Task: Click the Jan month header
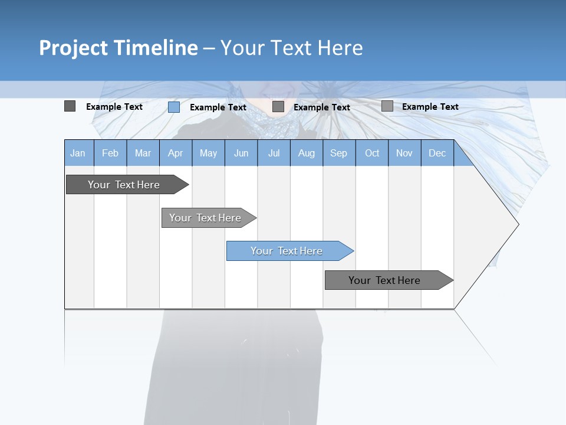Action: click(x=78, y=153)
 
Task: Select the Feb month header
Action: click(x=110, y=153)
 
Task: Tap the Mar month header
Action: click(x=143, y=153)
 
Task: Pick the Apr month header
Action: click(x=176, y=153)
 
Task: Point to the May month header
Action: click(x=208, y=153)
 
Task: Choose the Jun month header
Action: click(x=241, y=153)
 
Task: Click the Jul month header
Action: click(x=274, y=153)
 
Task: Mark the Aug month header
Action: click(x=307, y=153)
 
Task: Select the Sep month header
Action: click(x=339, y=153)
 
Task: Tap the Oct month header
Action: click(x=372, y=153)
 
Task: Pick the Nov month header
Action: click(x=404, y=153)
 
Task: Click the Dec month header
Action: click(x=437, y=153)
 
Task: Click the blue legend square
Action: click(x=174, y=107)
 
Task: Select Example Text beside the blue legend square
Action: click(x=218, y=107)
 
